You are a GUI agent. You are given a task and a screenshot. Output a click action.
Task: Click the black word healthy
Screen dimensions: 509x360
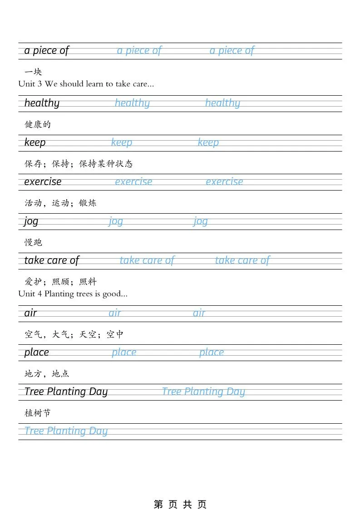tap(42, 103)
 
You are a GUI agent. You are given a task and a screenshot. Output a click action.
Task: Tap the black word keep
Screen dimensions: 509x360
tap(35, 142)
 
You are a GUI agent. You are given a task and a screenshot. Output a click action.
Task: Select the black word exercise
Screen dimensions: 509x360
tap(43, 182)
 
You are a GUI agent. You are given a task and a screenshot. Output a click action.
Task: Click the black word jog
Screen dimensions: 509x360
tap(31, 221)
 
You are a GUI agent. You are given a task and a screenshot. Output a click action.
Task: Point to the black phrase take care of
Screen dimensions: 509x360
tap(51, 260)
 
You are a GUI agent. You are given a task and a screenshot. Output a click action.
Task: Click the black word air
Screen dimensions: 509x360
tap(30, 313)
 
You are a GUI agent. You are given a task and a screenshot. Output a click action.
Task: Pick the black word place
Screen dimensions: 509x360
tap(36, 352)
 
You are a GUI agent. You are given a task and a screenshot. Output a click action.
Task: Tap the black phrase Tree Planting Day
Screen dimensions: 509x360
tap(66, 392)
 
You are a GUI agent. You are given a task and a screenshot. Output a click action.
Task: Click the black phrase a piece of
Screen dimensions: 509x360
tap(46, 50)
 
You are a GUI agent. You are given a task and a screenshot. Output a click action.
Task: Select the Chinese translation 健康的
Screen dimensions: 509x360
tap(38, 124)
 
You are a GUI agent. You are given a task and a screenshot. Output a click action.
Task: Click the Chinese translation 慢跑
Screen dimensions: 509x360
tap(33, 243)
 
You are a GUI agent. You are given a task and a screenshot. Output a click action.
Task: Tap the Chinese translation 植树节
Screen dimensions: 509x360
tap(38, 413)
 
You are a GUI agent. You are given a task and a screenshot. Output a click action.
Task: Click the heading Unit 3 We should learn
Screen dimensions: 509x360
tap(86, 84)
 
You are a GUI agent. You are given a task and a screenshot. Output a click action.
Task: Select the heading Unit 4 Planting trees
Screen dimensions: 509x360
tap(73, 294)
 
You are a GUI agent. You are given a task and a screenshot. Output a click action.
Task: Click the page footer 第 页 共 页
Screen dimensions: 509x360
tap(180, 504)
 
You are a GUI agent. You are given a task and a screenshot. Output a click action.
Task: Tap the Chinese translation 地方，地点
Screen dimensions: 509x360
tap(47, 374)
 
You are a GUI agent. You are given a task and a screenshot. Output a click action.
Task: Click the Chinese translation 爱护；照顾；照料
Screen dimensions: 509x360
tap(60, 282)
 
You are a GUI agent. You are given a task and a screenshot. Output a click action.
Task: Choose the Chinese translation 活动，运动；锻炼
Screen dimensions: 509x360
tap(60, 203)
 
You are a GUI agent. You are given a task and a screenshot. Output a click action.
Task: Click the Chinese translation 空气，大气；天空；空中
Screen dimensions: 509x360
tap(74, 334)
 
